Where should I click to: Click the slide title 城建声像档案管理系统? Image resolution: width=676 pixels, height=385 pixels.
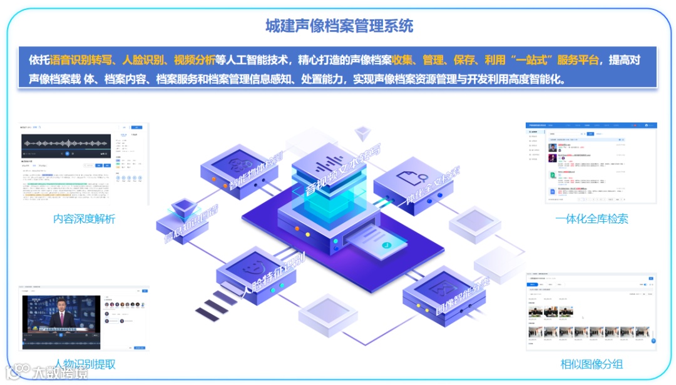click(339, 26)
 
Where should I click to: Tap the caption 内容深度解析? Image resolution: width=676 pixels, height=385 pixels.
click(84, 219)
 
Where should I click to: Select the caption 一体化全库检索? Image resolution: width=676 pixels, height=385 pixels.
click(591, 218)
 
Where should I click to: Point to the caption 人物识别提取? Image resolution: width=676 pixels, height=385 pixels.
click(84, 364)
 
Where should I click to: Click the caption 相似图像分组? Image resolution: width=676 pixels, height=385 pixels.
click(591, 364)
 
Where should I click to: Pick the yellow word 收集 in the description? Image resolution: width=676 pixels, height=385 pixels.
click(401, 60)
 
